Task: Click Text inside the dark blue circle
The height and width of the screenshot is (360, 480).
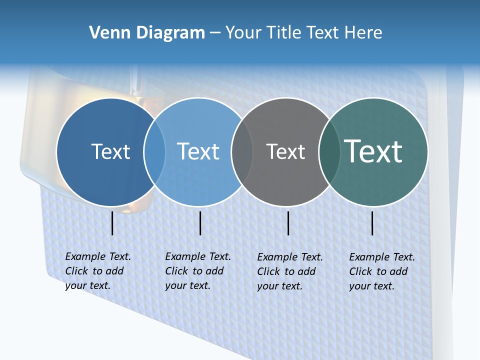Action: (x=110, y=151)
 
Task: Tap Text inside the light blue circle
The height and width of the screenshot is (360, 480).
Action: (x=198, y=151)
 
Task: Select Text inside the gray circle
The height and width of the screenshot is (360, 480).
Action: (x=285, y=151)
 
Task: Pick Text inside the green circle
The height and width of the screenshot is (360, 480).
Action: (x=373, y=151)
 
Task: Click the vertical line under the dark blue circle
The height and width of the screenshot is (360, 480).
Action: (x=112, y=223)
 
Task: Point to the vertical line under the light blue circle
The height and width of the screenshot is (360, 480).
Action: (x=200, y=223)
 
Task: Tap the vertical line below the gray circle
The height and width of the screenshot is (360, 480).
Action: (x=288, y=223)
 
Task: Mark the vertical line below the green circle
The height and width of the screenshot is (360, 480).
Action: (x=372, y=223)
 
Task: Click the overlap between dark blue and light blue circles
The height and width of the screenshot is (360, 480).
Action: (x=154, y=152)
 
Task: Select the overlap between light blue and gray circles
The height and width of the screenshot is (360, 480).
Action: (x=242, y=152)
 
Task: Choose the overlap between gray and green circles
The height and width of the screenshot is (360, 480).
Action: (x=329, y=152)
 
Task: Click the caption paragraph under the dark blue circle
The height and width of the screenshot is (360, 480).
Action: (x=97, y=271)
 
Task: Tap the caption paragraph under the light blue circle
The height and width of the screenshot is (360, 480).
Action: (x=197, y=271)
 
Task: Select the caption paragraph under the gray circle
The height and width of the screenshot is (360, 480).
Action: (x=289, y=271)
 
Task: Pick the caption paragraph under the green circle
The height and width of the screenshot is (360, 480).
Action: (x=381, y=271)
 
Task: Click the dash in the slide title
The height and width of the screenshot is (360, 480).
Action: (x=215, y=33)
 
